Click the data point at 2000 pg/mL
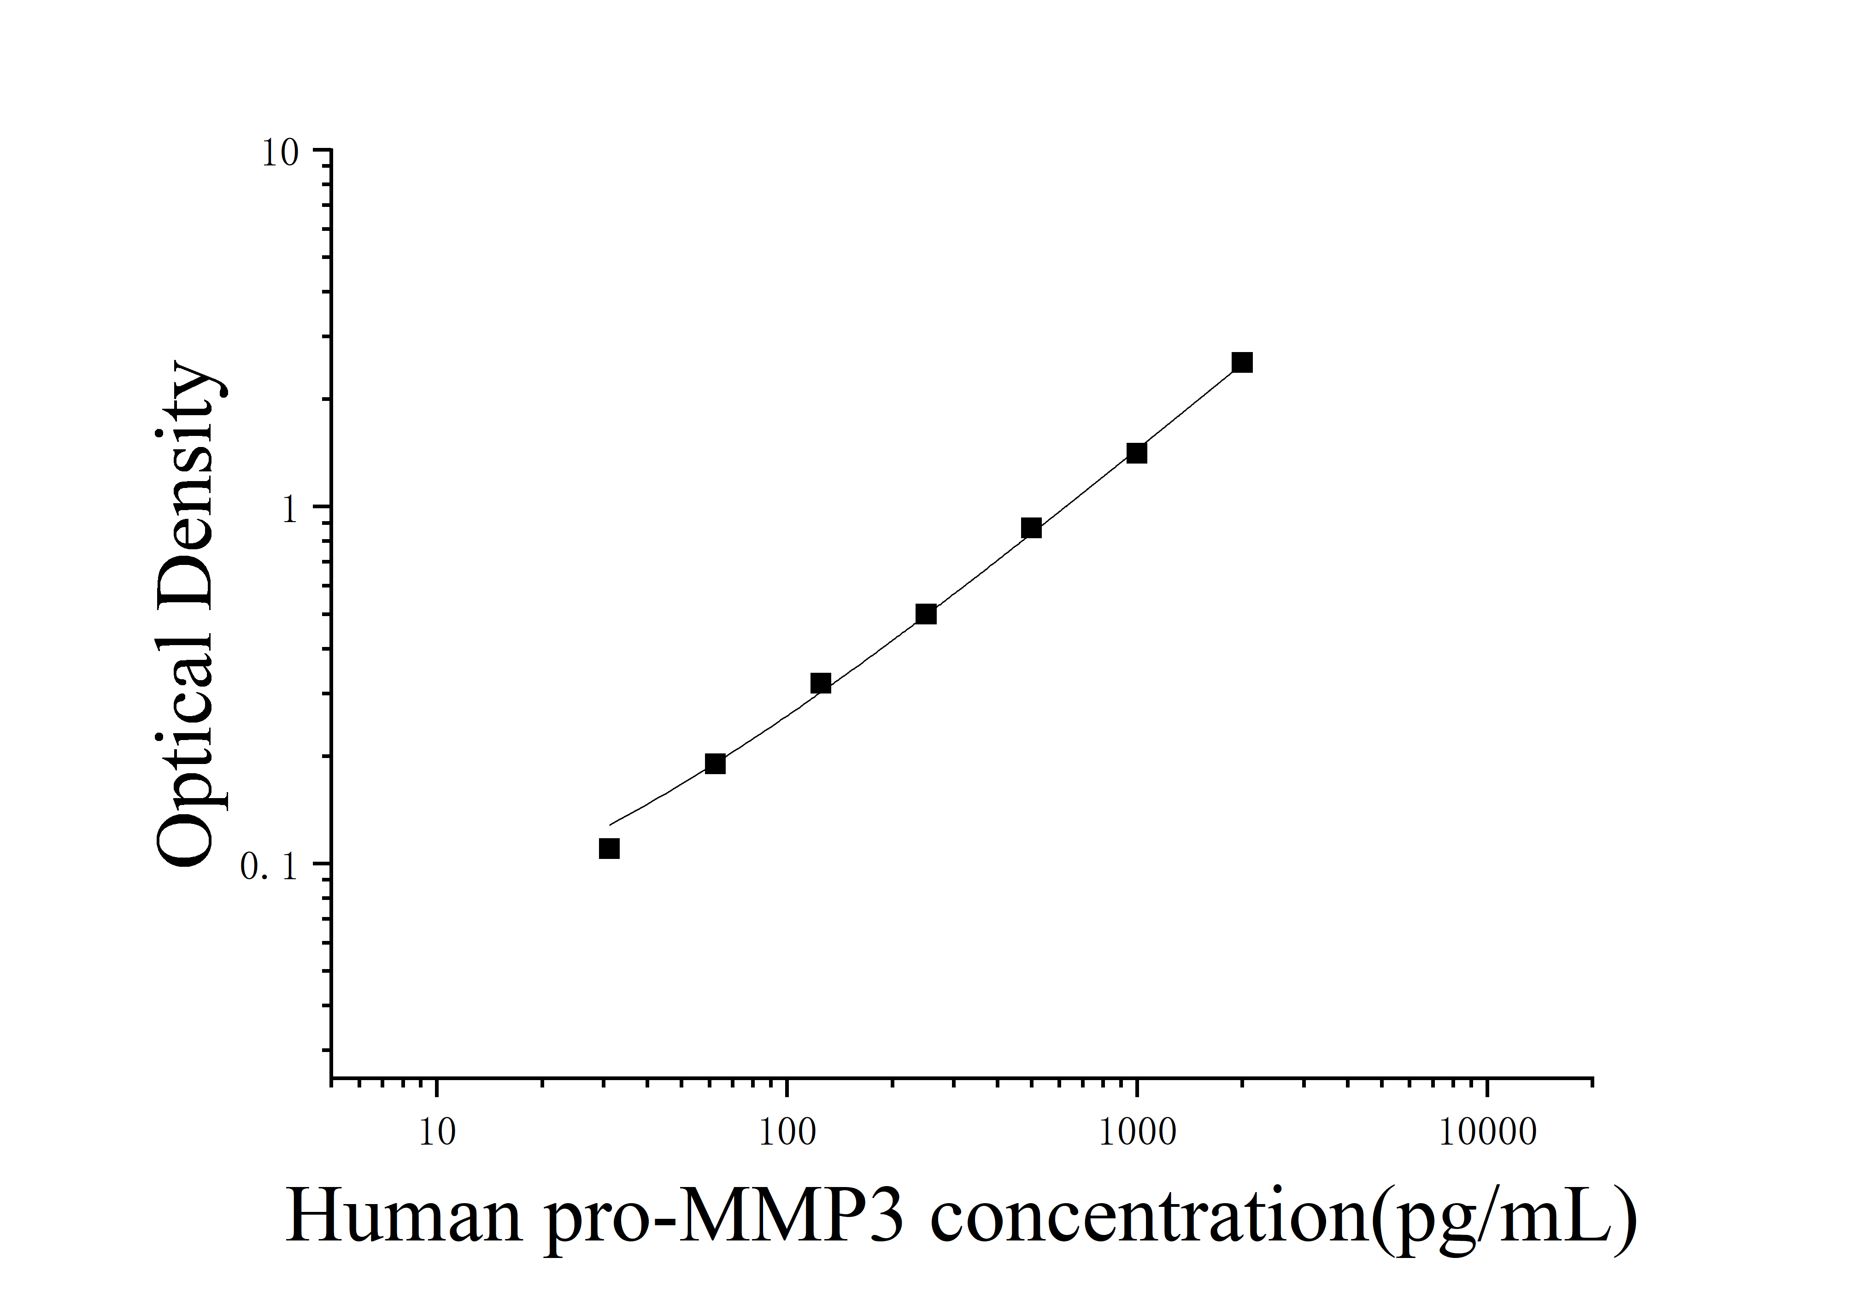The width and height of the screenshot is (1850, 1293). click(1242, 363)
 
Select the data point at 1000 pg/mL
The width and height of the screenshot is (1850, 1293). click(1136, 453)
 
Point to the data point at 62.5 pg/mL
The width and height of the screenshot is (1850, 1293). click(715, 764)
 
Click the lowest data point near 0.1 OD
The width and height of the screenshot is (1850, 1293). click(609, 848)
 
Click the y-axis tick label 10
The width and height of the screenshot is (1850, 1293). click(280, 153)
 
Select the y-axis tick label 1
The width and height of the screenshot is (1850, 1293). click(290, 510)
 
